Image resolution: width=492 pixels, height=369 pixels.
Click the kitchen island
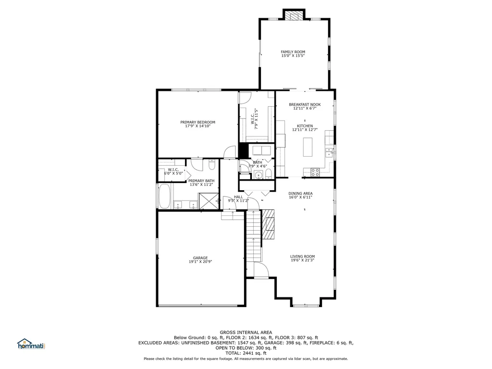(308, 147)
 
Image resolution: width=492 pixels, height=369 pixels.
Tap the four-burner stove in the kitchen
(315, 172)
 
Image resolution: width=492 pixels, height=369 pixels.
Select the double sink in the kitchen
(329, 152)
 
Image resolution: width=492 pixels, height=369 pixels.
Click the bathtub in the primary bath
(165, 196)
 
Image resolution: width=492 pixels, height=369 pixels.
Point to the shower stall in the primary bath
(209, 201)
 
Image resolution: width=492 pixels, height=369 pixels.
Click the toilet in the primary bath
(212, 164)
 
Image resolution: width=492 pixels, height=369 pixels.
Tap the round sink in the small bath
(258, 175)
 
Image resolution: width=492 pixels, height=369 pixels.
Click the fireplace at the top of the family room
(294, 16)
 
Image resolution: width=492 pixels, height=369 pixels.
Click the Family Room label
(293, 52)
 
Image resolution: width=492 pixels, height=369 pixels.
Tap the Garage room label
(200, 258)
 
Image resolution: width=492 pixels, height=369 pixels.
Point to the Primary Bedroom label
(197, 122)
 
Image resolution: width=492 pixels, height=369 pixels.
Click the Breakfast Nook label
(305, 104)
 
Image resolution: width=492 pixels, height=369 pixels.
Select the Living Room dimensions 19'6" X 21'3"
(303, 260)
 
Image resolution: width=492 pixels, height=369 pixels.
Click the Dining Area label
(301, 194)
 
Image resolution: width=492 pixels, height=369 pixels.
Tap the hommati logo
(31, 344)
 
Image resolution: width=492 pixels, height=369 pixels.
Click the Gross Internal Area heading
(246, 332)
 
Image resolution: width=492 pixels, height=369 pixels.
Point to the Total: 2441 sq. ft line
(246, 353)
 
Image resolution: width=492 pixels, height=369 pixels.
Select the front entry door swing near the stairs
(261, 270)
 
